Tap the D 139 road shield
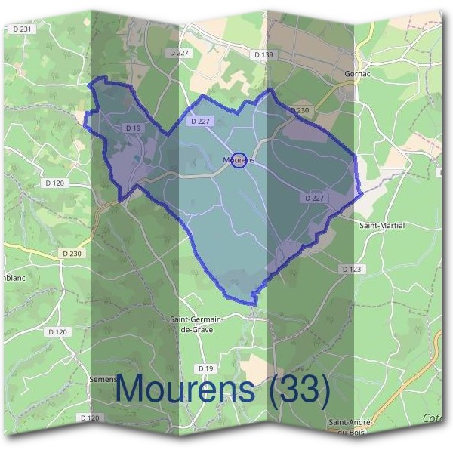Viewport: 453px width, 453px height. (x=263, y=54)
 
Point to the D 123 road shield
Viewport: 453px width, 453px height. (x=352, y=268)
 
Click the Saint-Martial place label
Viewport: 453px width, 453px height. (x=382, y=225)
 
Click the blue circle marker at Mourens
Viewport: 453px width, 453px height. (x=239, y=160)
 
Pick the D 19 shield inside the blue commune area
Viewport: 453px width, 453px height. (x=134, y=128)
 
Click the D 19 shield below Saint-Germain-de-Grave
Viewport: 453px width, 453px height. (x=205, y=368)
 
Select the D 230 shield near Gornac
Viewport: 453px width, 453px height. (x=301, y=110)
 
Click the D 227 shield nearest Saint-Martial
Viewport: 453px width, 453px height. (x=316, y=197)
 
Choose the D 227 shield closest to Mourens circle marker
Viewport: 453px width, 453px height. (x=202, y=121)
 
